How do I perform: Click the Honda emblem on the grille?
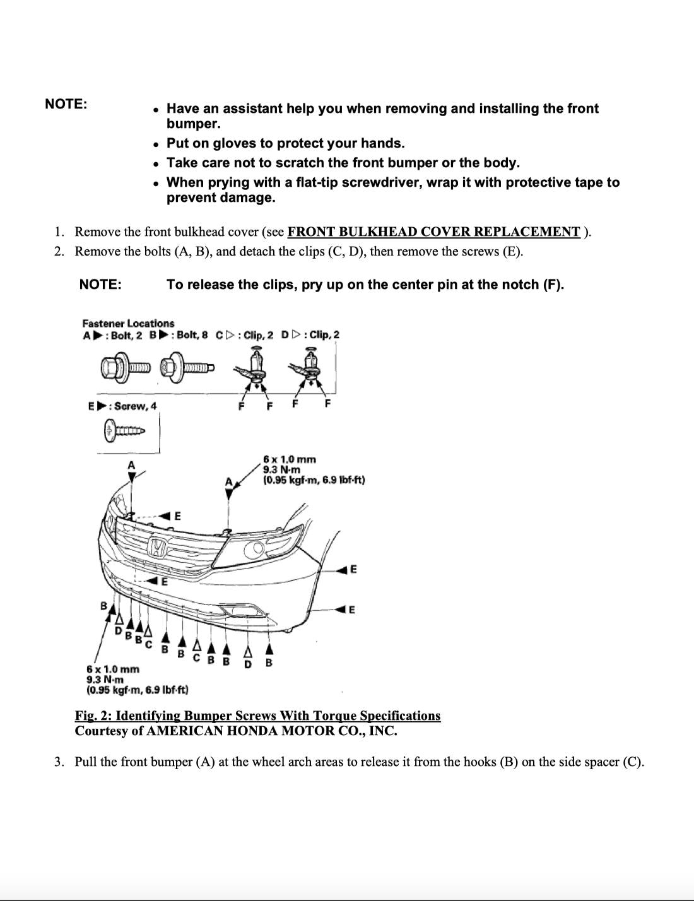tap(157, 546)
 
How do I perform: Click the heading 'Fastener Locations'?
tap(128, 323)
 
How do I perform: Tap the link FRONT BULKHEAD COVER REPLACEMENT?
tap(433, 231)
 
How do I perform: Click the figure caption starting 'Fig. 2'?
tap(257, 715)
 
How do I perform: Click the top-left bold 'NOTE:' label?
tap(66, 104)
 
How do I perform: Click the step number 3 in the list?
tap(59, 762)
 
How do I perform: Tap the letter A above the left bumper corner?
tap(131, 465)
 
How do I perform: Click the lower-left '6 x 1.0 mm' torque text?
tap(113, 669)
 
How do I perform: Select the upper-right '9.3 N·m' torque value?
tap(281, 469)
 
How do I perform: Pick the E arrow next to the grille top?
tap(171, 515)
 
